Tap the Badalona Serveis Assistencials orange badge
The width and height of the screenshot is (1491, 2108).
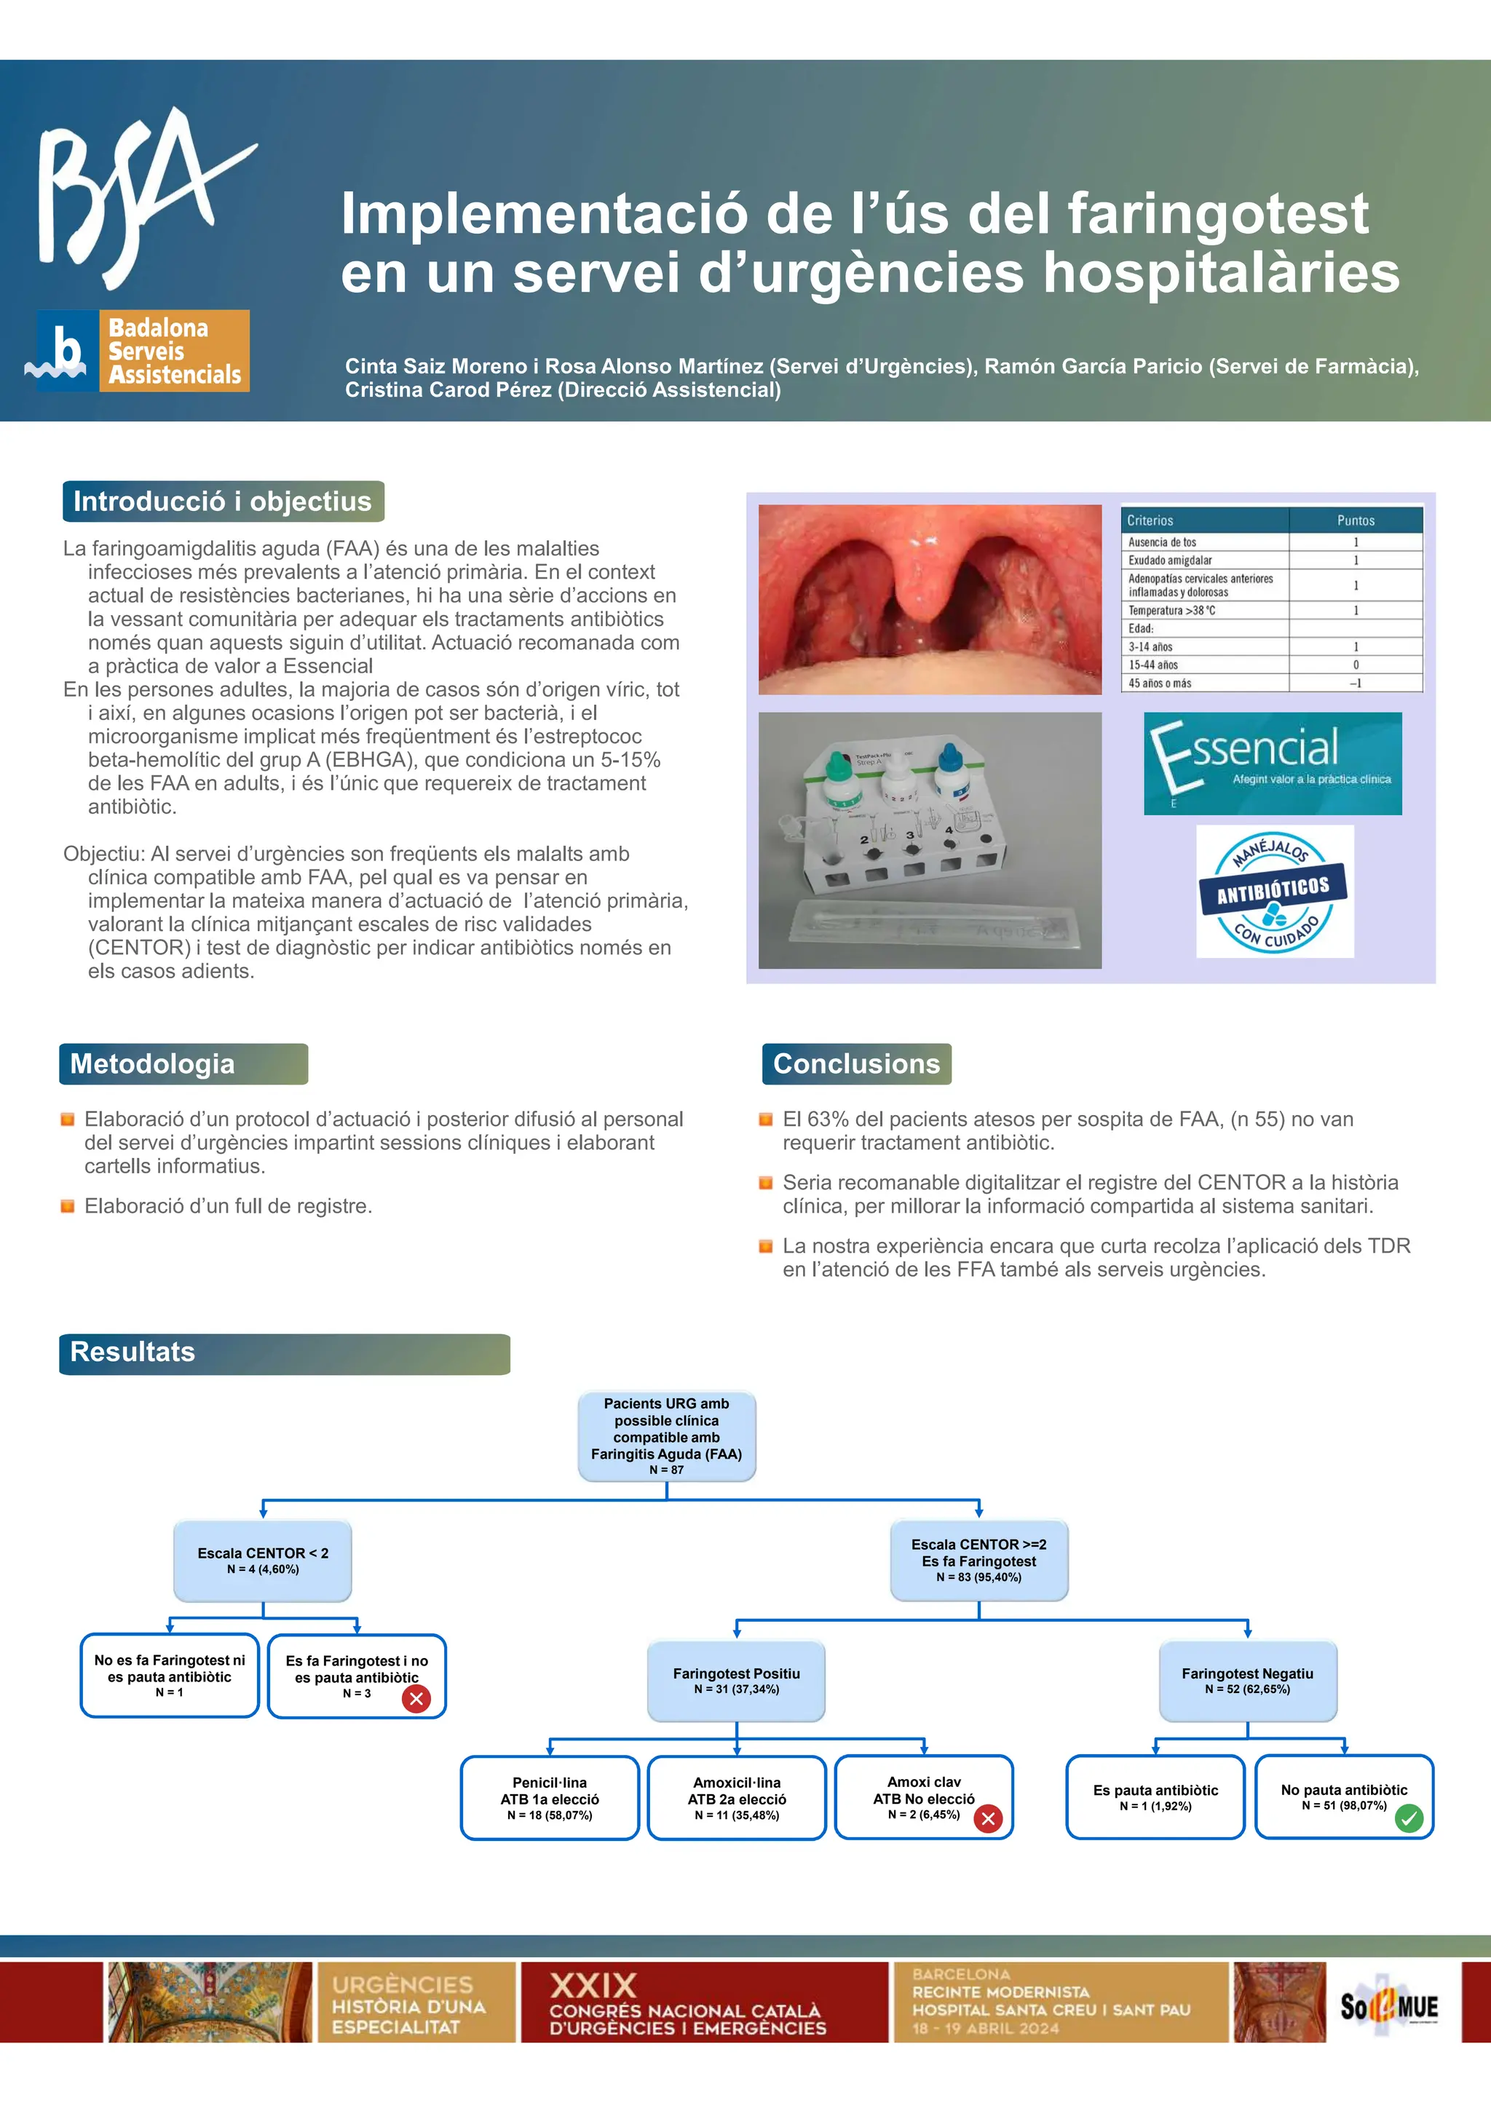pyautogui.click(x=173, y=351)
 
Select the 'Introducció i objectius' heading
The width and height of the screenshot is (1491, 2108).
pyautogui.click(x=222, y=502)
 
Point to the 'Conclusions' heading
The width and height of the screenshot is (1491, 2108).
pyautogui.click(x=855, y=1063)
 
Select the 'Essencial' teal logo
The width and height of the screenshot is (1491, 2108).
pyautogui.click(x=1272, y=763)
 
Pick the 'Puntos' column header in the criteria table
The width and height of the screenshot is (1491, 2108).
pyautogui.click(x=1355, y=520)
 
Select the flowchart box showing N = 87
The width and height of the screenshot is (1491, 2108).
pyautogui.click(x=667, y=1435)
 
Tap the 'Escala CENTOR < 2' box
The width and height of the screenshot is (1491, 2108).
pyautogui.click(x=263, y=1560)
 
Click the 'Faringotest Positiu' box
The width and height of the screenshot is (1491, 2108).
pyautogui.click(x=736, y=1680)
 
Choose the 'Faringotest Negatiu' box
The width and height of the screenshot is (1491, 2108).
pyautogui.click(x=1247, y=1680)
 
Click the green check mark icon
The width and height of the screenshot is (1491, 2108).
pyautogui.click(x=1409, y=1818)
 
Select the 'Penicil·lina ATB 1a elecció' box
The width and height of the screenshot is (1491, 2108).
pyautogui.click(x=549, y=1798)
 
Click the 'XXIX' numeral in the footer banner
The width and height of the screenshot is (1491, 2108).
pyautogui.click(x=593, y=1985)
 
